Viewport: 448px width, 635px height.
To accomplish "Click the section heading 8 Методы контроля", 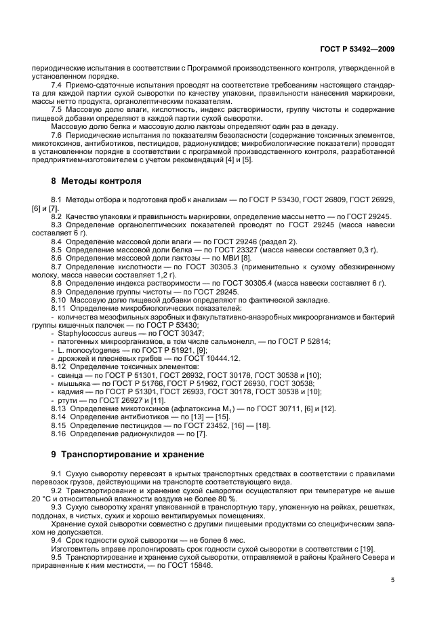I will click(96, 181).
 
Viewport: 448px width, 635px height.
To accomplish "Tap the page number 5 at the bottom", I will click(393, 580).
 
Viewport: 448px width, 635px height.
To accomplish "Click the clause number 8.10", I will click(59, 300).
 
